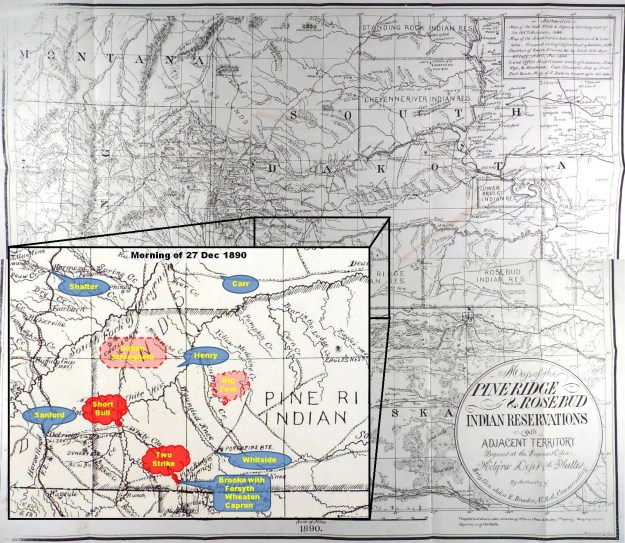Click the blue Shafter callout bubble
(x=84, y=285)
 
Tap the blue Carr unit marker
(x=239, y=284)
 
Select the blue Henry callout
(x=205, y=354)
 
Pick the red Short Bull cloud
(x=108, y=406)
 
